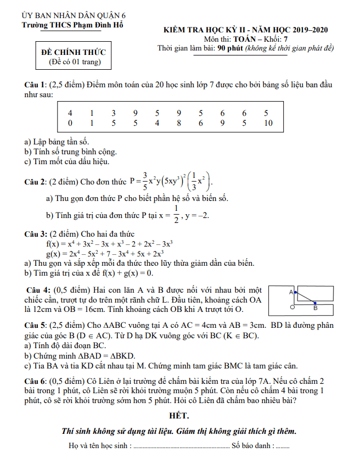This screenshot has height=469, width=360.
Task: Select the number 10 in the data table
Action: tap(268, 124)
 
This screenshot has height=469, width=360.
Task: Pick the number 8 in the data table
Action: tap(179, 124)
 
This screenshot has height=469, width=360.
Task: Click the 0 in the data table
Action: tap(70, 124)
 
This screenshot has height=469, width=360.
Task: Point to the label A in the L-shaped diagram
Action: tap(290, 292)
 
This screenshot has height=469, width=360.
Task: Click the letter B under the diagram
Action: tap(315, 308)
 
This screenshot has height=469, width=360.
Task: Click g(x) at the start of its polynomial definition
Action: tap(53, 254)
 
